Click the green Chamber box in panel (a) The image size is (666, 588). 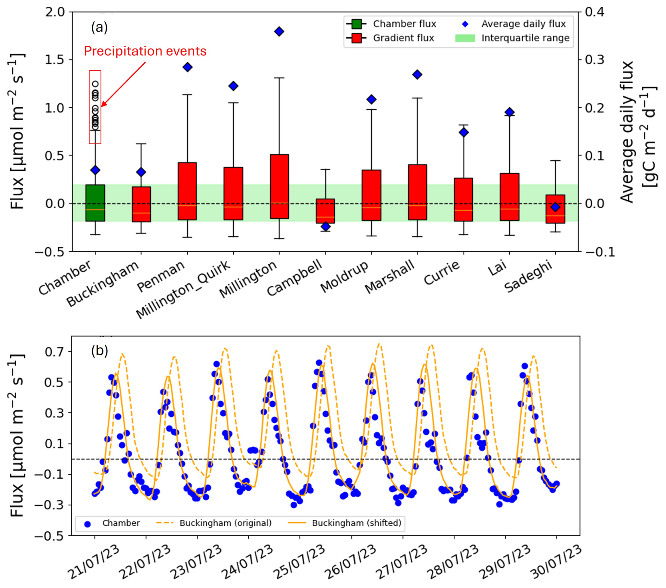click(x=95, y=203)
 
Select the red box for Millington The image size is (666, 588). click(x=279, y=186)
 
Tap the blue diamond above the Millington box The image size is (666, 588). click(x=279, y=32)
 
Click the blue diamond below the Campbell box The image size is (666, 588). click(x=326, y=226)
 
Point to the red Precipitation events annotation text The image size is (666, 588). click(x=145, y=51)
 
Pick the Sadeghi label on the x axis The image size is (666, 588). click(x=528, y=278)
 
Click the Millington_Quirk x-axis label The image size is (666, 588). click(x=183, y=290)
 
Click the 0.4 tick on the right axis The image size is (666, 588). click(x=595, y=12)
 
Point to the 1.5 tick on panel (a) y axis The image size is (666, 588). click(x=55, y=60)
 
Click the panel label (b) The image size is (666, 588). click(x=99, y=351)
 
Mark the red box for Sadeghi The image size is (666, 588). click(x=555, y=209)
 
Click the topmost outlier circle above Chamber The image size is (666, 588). click(x=95, y=84)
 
